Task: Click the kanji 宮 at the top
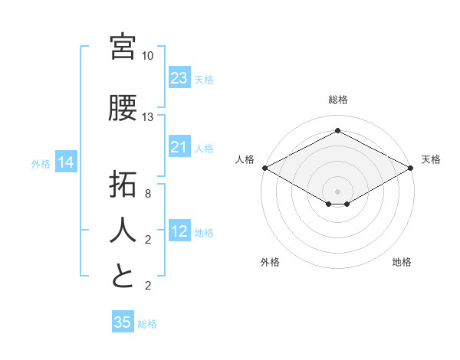pos(123,47)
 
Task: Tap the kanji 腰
pos(123,109)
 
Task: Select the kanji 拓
pos(123,185)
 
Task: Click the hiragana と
pos(123,277)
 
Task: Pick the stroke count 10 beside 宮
pos(148,56)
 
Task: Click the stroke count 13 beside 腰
pos(148,117)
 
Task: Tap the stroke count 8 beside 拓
pos(148,194)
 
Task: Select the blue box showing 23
pos(179,78)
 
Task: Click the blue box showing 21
pos(179,147)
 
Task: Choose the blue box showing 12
pos(179,231)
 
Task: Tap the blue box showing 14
pos(66,162)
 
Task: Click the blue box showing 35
pos(123,322)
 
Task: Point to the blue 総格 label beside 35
pos(147,324)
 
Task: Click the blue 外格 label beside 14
pos(41,163)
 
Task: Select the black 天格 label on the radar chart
pos(431,159)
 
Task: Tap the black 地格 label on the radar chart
pos(402,262)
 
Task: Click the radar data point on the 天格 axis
pos(411,168)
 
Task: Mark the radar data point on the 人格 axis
pos(264,168)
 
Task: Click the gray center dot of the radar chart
pos(337,190)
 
